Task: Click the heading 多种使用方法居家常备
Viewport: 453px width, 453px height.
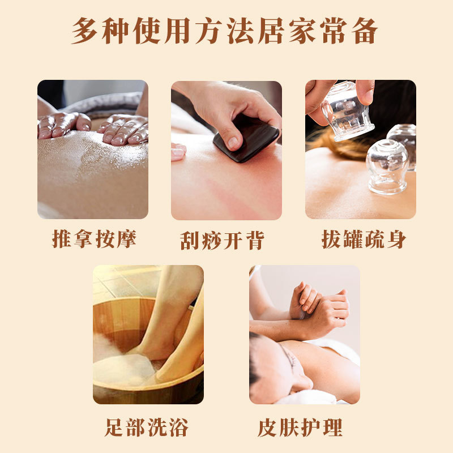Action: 224,31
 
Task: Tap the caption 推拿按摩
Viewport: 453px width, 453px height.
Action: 94,239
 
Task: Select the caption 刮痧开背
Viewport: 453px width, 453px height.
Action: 222,240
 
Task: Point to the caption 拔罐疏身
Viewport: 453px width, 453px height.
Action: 364,239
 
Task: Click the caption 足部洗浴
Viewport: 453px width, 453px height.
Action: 147,427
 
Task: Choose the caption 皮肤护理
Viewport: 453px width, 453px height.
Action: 300,428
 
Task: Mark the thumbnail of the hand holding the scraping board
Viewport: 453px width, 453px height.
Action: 226,150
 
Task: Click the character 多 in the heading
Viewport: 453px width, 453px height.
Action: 84,31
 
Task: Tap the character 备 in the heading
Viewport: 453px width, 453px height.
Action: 365,31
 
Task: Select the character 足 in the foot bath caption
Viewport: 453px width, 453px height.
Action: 115,427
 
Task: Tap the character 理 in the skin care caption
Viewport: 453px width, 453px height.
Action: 333,428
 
